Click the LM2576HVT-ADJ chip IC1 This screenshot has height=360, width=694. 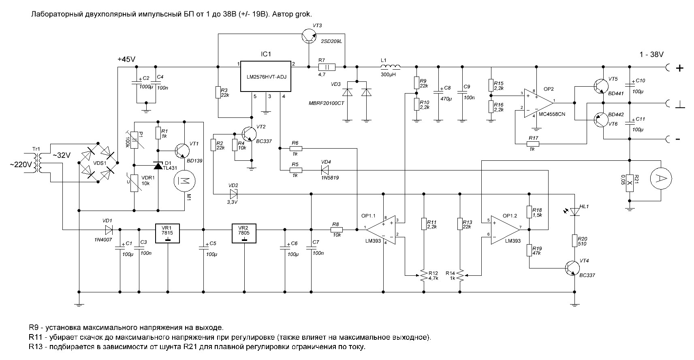(265, 77)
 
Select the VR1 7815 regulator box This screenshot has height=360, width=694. (168, 234)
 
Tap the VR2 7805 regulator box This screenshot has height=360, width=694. (244, 234)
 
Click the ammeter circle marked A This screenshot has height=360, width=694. (661, 178)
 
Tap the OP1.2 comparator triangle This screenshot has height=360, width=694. (504, 229)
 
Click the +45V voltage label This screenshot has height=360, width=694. (126, 59)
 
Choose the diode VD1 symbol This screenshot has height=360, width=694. (109, 230)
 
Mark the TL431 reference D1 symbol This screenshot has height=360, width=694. (158, 165)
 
